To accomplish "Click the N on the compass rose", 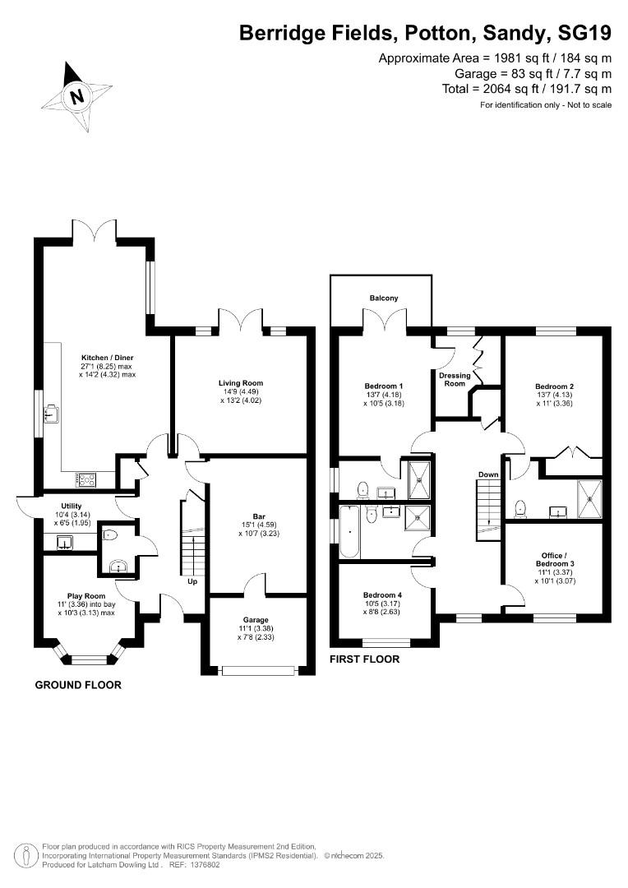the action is pyautogui.click(x=77, y=95).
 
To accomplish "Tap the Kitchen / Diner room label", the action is pyautogui.click(x=108, y=358).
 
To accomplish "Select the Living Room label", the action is pyautogui.click(x=241, y=383).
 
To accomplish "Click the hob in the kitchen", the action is pyautogui.click(x=86, y=479).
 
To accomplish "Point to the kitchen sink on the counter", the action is pyautogui.click(x=51, y=413).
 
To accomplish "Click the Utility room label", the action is pyautogui.click(x=72, y=506).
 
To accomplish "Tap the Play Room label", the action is pyautogui.click(x=86, y=596).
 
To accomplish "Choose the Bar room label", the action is pyautogui.click(x=260, y=516).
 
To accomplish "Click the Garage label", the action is pyautogui.click(x=256, y=620).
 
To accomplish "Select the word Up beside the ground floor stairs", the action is pyautogui.click(x=192, y=581).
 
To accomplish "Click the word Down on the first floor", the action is pyautogui.click(x=488, y=474).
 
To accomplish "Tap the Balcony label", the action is pyautogui.click(x=384, y=298).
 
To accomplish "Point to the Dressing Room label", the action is pyautogui.click(x=455, y=379).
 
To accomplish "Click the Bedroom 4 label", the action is pyautogui.click(x=383, y=595).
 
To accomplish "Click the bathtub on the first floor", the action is pyautogui.click(x=349, y=532).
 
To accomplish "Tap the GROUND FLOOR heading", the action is pyautogui.click(x=78, y=685).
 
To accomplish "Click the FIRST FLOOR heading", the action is pyautogui.click(x=365, y=659).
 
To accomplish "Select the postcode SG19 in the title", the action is pyautogui.click(x=585, y=33).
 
